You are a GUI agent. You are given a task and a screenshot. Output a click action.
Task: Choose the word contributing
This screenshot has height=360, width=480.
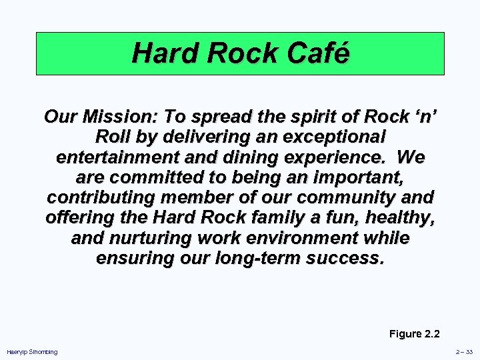(107, 197)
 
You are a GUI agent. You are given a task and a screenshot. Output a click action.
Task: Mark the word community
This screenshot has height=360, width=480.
(356, 197)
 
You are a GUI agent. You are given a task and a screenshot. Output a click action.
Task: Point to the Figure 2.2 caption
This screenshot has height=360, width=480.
(415, 334)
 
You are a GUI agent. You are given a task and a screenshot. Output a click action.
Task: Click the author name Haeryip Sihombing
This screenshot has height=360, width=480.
(32, 352)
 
